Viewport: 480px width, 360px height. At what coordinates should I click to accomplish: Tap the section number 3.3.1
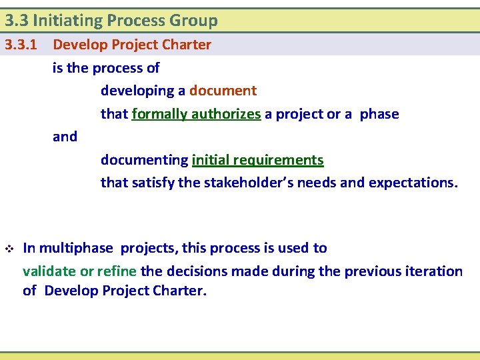pyautogui.click(x=20, y=45)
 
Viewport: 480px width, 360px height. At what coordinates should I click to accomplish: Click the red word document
pyautogui.click(x=223, y=91)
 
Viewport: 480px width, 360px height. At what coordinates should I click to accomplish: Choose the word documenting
pyautogui.click(x=144, y=160)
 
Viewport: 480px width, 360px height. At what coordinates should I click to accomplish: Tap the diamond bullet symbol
pyautogui.click(x=9, y=249)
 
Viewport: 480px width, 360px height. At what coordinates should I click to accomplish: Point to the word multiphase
pyautogui.click(x=77, y=248)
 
